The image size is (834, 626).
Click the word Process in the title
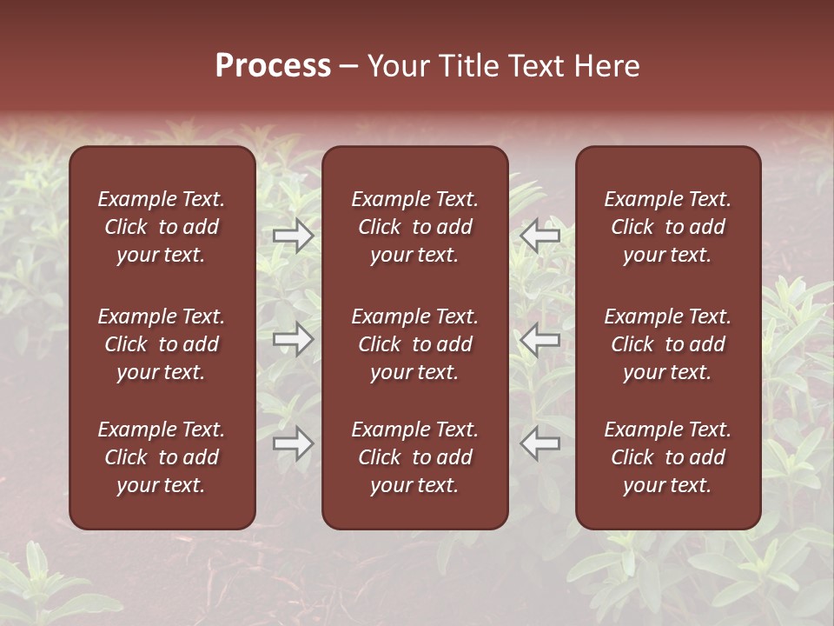pos(273,66)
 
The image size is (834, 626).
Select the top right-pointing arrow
pos(293,235)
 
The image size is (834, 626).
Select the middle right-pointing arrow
pos(293,339)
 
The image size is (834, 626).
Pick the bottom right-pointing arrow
pos(293,443)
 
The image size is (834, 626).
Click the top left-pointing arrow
pos(539,235)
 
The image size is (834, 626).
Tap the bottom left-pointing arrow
pos(539,443)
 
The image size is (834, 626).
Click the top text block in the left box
pos(162,227)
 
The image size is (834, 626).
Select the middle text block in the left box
pos(162,344)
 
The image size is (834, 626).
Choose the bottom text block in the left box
pos(162,457)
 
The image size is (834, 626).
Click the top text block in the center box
pos(415,227)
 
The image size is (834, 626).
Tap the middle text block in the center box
pos(415,344)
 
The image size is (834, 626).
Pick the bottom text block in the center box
pos(415,457)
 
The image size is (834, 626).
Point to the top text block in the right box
pos(668,227)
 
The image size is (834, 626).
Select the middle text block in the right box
pos(668,344)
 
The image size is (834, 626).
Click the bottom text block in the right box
pos(668,457)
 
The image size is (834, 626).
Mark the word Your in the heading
pos(398,66)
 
